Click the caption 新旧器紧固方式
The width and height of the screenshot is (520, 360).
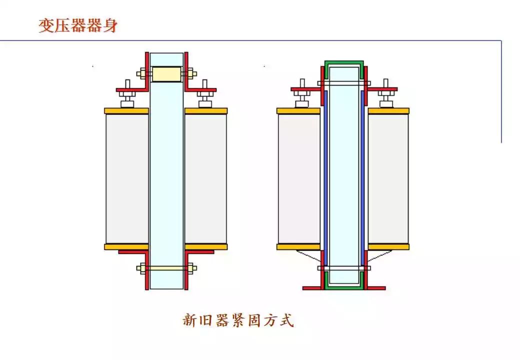237,320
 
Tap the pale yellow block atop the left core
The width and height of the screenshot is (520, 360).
166,74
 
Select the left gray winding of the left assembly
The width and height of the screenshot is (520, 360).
127,178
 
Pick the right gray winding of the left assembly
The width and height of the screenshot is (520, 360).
205,178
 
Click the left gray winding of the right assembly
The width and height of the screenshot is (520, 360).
298,178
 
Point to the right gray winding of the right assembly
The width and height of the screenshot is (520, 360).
388,178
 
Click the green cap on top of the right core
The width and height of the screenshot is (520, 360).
344,63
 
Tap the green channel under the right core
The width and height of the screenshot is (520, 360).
344,285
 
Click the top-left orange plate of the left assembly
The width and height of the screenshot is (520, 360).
126,111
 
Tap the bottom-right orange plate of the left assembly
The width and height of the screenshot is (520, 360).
206,246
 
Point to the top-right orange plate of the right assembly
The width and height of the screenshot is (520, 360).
388,111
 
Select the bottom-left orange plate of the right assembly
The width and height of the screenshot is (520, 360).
298,246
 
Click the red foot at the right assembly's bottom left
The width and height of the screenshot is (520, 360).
312,288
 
